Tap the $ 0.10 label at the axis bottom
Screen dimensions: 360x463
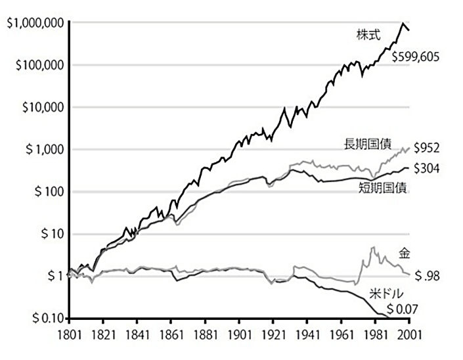pos(45,319)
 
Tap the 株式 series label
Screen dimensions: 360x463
pos(366,35)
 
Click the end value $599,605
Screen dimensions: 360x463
pos(415,57)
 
